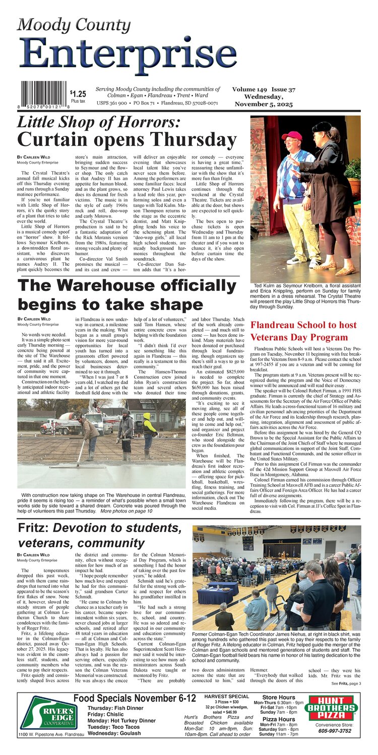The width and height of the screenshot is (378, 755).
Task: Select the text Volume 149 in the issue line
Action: (x=249, y=89)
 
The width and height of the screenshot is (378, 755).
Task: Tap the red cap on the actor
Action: (x=292, y=135)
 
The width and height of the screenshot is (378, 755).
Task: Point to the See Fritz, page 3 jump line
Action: (x=346, y=683)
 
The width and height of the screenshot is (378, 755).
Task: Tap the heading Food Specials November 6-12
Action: (x=135, y=698)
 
